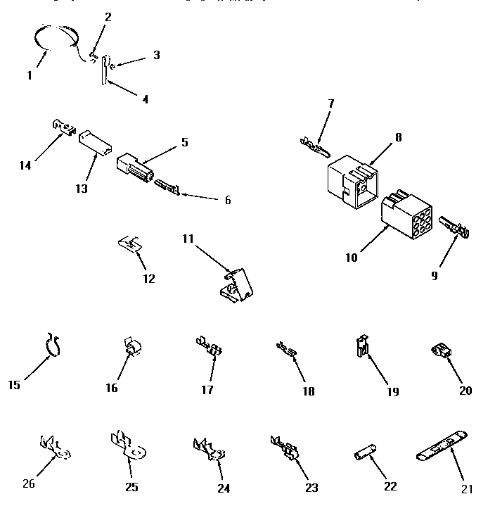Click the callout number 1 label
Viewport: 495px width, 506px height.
point(30,75)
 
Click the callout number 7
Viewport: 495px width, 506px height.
point(330,103)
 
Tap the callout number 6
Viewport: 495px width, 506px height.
point(227,200)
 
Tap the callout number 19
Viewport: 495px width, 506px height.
point(392,391)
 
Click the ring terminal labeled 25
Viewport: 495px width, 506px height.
point(124,445)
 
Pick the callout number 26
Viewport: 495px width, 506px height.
point(28,483)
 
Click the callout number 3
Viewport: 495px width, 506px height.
point(156,54)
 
